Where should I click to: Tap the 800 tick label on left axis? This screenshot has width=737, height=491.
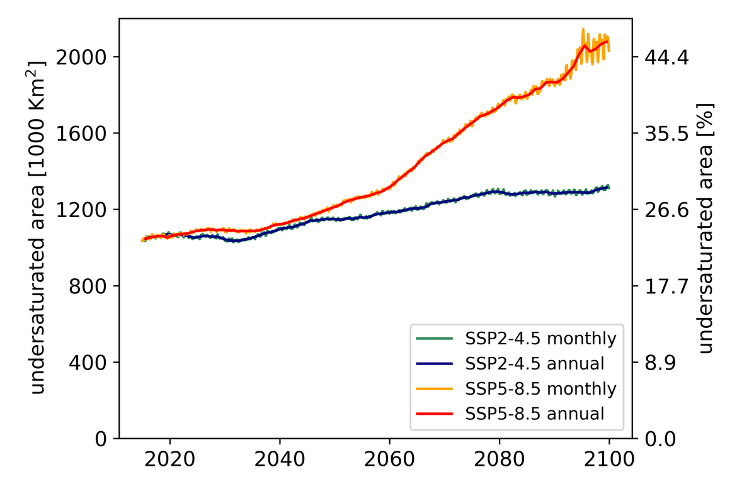point(88,286)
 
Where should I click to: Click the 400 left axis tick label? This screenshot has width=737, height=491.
point(88,363)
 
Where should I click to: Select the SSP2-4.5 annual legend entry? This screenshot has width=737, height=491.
point(535,364)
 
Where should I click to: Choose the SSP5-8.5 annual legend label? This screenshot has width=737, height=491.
point(535,414)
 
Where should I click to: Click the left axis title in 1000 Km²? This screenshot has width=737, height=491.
point(39,228)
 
